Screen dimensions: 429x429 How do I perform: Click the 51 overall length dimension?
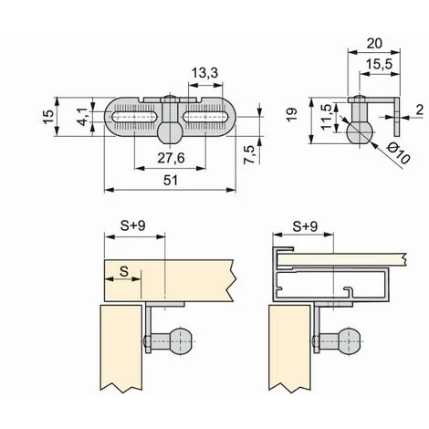tap(171, 181)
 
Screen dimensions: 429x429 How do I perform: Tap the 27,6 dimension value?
tap(171, 158)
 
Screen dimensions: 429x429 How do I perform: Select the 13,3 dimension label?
tap(205, 73)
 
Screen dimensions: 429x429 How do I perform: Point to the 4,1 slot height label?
tap(82, 117)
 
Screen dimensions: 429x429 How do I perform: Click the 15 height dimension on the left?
tap(48, 117)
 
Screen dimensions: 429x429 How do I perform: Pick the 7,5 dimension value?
tap(249, 155)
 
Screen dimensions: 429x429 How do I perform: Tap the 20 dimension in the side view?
tap(374, 44)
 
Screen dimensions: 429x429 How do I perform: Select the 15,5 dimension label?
tap(379, 64)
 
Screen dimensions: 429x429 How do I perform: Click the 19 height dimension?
tap(292, 115)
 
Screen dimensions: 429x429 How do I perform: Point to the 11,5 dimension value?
tap(326, 117)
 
